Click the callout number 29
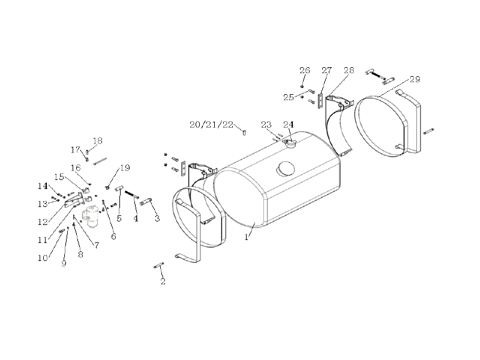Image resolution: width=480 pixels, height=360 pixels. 415,79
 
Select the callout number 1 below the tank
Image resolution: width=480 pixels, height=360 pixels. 247,237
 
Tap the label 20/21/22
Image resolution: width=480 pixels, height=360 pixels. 211,125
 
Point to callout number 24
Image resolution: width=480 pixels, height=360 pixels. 289,125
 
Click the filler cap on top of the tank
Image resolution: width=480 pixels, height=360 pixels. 289,143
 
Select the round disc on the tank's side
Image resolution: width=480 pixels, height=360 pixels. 286,169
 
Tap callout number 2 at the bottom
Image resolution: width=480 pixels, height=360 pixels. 163,281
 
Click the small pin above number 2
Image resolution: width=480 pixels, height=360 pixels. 159,265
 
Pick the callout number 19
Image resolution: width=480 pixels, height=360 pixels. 125,168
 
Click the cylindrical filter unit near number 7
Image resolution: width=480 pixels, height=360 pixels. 91,217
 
